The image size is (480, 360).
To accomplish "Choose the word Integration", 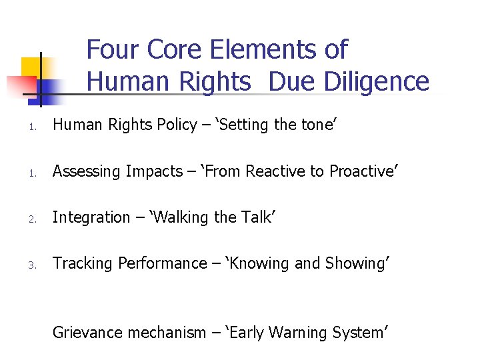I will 91,218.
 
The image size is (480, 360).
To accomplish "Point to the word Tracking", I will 83,264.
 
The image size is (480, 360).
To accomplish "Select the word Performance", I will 162,264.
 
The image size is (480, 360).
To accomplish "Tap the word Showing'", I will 357,264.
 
